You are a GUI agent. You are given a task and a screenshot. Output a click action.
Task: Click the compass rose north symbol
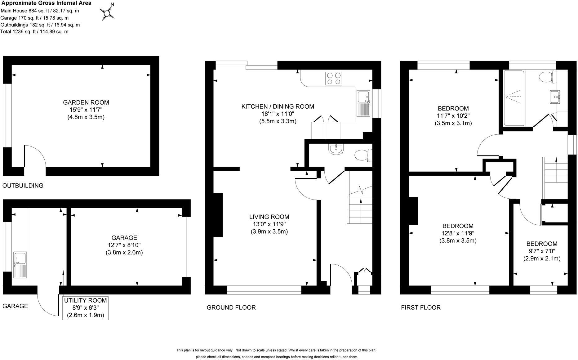107,13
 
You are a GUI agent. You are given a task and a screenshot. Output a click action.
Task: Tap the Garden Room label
86,102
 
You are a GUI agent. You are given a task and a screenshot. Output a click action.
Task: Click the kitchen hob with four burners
334,78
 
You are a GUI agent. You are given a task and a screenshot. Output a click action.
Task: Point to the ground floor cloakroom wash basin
336,149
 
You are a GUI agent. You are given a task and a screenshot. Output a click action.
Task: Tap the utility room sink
20,266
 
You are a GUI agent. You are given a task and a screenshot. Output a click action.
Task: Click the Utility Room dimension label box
85,308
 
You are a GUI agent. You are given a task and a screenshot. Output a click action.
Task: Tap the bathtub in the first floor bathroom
514,98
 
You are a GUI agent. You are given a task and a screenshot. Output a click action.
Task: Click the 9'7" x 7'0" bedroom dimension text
542,251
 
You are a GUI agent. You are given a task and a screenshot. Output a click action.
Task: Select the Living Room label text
269,217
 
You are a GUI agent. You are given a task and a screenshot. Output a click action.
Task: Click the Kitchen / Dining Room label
278,106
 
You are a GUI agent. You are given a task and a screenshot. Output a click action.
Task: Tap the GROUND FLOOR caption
231,308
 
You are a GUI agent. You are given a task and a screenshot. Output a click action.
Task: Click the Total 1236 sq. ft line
34,32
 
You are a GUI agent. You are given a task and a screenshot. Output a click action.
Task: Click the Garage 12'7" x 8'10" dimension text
124,245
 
